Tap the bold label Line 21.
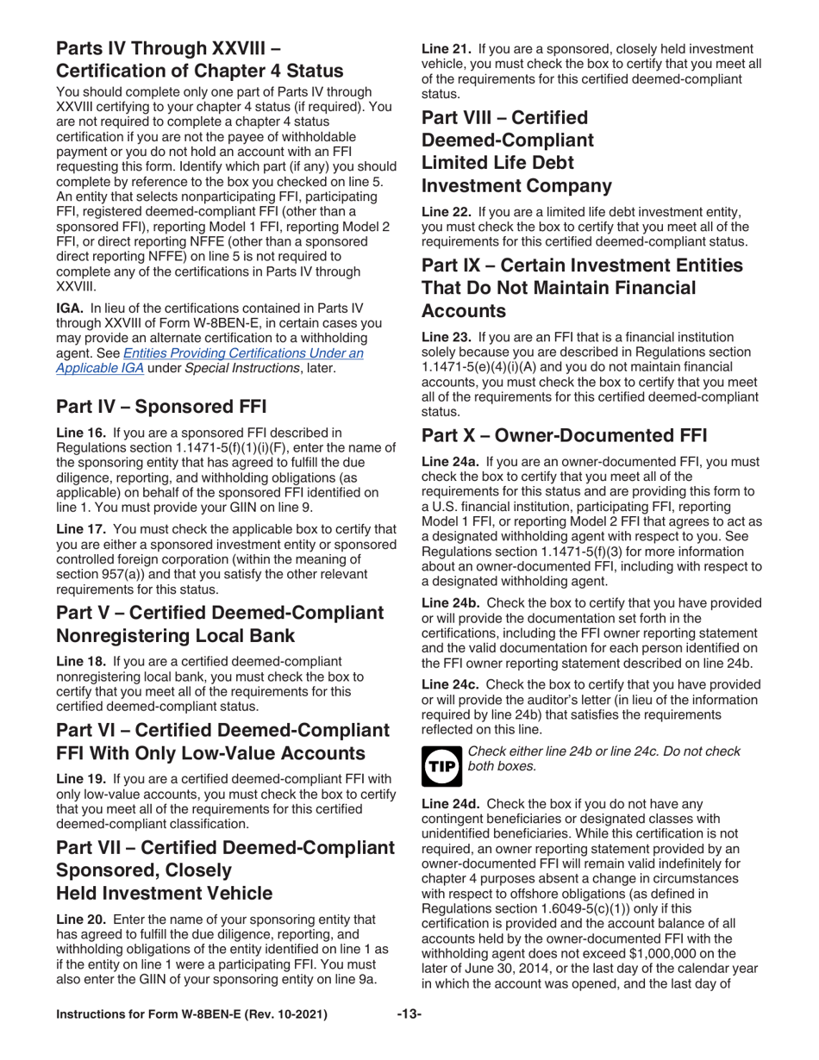446,49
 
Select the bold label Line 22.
446,212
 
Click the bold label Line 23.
446,338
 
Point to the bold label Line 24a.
449,463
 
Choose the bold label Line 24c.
450,683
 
